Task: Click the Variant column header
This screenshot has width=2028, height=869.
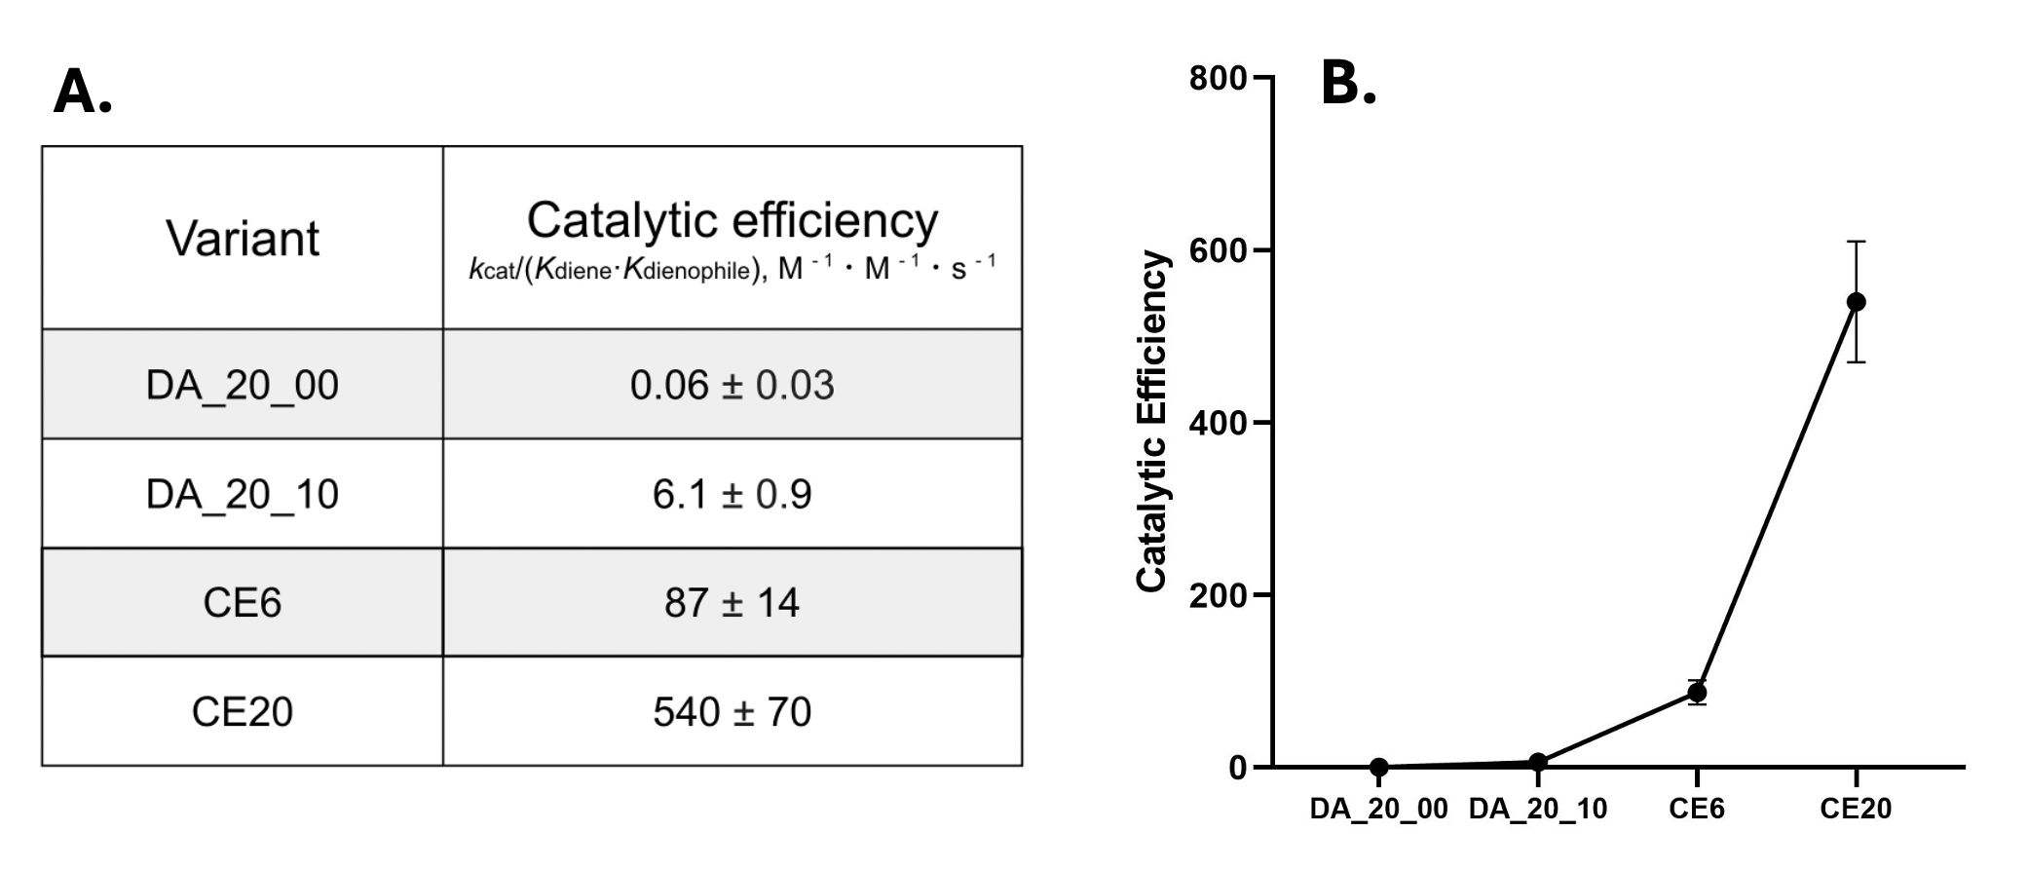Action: (243, 239)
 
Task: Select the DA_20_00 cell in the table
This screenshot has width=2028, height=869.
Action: (243, 386)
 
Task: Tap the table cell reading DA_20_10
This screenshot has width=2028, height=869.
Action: (243, 495)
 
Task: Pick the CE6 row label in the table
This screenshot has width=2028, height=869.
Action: (243, 603)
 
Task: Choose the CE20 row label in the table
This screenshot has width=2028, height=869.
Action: (243, 712)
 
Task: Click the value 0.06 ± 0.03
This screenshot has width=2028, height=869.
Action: (732, 386)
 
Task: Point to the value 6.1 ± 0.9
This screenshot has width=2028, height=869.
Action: (732, 495)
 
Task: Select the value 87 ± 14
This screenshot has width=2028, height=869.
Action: (732, 603)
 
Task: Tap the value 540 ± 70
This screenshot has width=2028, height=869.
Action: (732, 712)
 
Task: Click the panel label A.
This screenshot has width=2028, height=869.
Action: (82, 94)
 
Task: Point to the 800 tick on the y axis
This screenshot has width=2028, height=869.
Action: (1218, 78)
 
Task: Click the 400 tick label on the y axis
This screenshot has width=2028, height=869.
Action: (1218, 423)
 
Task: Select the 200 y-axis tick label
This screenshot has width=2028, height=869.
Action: (1218, 595)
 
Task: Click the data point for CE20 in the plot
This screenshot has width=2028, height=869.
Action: (1856, 302)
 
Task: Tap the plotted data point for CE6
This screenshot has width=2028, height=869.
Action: (1697, 693)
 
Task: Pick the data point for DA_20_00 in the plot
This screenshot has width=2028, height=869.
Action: (1378, 767)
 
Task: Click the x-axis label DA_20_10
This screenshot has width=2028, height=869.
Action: (1537, 809)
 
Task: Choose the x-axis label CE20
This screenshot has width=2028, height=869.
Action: (1856, 809)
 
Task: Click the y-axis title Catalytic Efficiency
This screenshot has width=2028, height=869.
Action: (1152, 422)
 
